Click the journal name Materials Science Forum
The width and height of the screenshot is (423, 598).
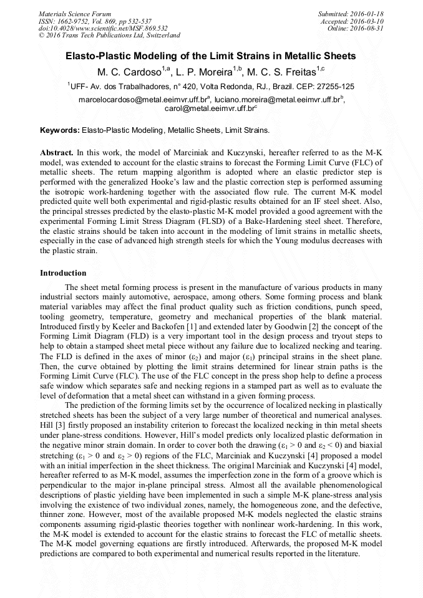point(75,13)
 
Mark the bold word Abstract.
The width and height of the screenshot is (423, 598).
point(57,152)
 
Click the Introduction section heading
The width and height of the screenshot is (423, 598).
point(63,273)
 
